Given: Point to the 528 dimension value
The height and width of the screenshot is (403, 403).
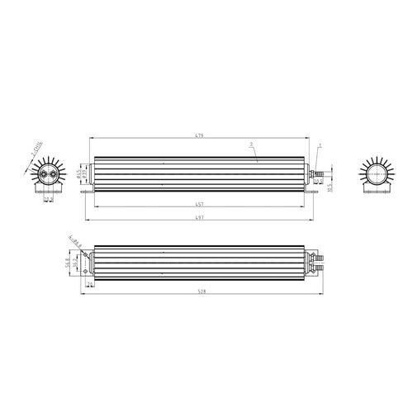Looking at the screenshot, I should point(202,292).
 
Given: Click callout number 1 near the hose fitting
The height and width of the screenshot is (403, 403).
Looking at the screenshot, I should point(320,145).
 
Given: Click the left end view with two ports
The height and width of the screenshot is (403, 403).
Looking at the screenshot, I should point(46,175).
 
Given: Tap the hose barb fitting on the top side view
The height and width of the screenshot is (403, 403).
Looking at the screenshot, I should point(316,173).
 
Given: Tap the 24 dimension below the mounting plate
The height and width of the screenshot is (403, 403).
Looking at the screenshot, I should point(89,285).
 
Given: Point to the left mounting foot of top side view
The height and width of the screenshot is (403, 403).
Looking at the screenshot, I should point(86,193).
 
